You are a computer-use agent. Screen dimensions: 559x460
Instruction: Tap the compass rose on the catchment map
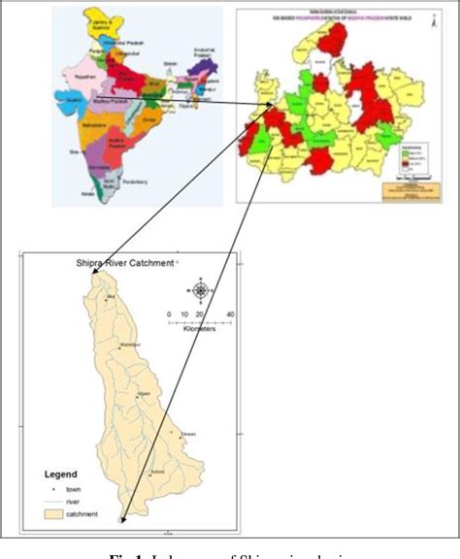(200, 289)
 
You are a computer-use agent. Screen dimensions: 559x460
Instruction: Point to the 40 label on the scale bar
(230, 315)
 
